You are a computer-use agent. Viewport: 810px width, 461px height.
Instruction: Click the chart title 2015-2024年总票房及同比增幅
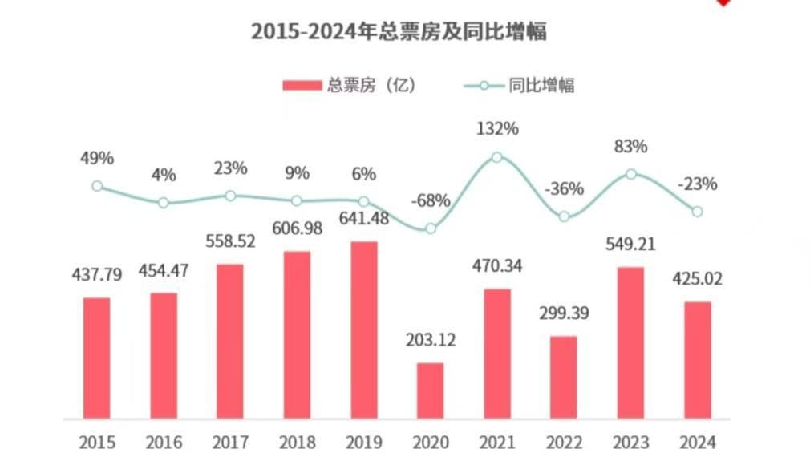399,31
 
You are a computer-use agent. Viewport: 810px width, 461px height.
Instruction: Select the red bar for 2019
364,330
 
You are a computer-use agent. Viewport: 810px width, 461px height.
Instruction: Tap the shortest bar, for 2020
431,390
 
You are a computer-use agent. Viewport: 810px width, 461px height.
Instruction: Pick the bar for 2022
564,377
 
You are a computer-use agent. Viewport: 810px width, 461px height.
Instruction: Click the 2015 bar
97,358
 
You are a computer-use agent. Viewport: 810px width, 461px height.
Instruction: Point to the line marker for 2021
497,157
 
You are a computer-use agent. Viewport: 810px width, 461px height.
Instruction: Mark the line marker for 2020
431,228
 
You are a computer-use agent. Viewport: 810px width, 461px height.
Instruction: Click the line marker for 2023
631,173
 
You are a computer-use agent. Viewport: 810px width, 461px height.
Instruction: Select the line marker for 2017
230,196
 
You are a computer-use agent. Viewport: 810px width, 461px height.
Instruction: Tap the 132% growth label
497,128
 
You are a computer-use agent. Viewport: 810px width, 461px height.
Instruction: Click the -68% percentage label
430,200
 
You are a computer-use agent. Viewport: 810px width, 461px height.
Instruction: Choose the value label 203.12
430,340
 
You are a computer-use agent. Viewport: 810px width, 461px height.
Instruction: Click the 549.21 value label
630,244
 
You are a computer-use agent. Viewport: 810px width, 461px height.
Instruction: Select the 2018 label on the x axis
297,442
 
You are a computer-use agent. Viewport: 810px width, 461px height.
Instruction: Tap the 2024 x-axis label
697,442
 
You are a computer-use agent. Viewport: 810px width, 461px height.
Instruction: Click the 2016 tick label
164,442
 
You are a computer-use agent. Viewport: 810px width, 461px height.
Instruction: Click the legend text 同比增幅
542,86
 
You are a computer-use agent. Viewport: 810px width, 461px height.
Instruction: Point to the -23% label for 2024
697,184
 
